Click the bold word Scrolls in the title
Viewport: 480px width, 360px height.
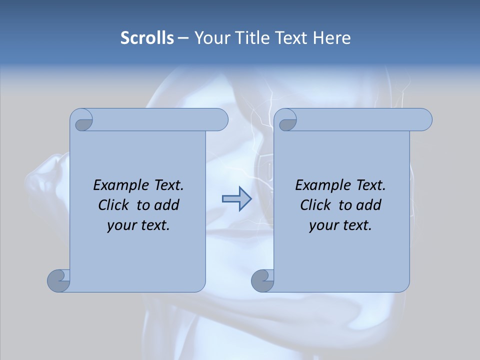click(147, 38)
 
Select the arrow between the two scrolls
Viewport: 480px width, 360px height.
click(236, 199)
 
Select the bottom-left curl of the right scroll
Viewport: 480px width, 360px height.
click(262, 280)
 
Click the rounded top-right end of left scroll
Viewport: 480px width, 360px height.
click(220, 119)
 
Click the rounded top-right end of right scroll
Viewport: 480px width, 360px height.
click(424, 119)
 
